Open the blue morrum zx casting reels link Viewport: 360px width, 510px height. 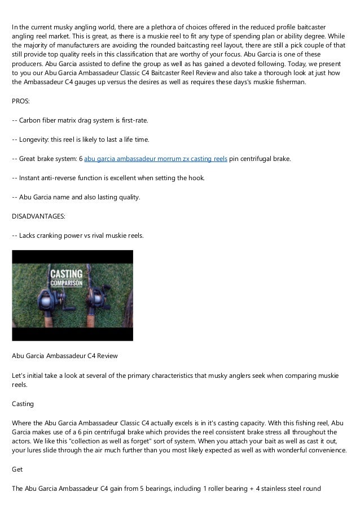point(156,159)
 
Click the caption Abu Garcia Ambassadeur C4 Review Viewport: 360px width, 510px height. point(65,356)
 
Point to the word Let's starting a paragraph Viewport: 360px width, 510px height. point(20,375)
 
